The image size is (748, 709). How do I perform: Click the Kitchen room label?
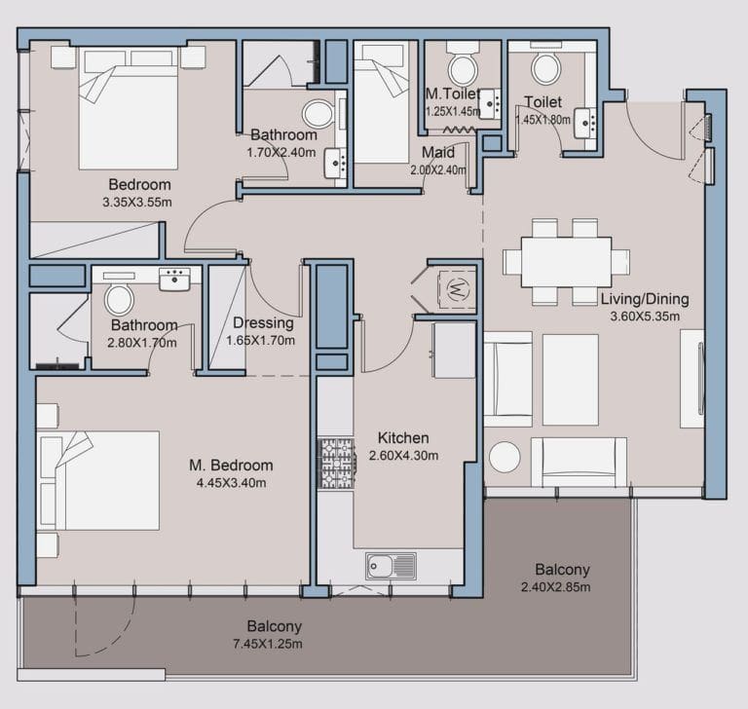point(402,438)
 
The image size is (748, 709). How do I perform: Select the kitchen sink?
point(390,565)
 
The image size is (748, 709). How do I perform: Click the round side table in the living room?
point(506,460)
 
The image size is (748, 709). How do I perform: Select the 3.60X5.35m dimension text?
point(644,317)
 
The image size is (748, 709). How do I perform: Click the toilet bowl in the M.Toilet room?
point(461,68)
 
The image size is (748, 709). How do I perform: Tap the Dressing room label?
point(264,324)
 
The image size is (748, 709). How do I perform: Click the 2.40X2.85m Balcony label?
point(562,570)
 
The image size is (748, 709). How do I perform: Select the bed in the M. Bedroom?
point(97,480)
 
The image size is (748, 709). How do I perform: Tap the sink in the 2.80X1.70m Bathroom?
point(175,280)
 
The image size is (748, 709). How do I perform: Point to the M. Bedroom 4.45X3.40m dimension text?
point(231,482)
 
